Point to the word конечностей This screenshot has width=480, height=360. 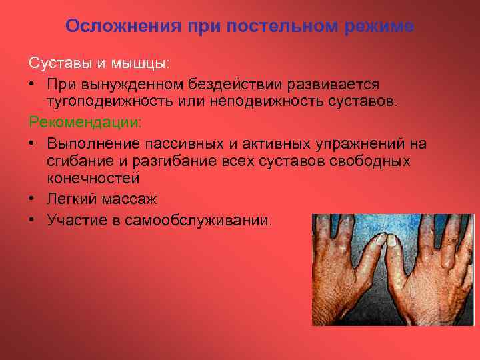[93, 179]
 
